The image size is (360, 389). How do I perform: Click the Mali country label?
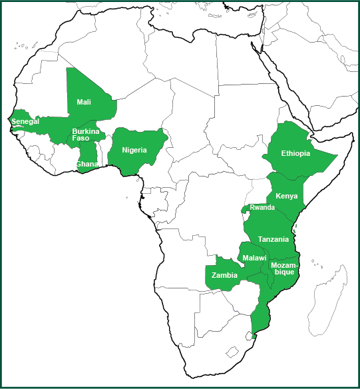[84, 102]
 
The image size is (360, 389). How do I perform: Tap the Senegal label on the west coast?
[26, 122]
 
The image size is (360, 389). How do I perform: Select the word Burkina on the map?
[86, 131]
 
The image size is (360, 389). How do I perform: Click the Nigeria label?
[134, 150]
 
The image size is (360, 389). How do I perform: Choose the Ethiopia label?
[295, 153]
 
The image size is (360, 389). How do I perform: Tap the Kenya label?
[286, 196]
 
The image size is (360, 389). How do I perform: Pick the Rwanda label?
[262, 208]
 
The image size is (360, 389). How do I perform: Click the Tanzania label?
[273, 239]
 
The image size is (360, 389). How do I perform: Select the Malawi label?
[255, 258]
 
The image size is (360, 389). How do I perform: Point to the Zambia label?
[224, 275]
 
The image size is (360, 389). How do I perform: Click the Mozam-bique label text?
[285, 268]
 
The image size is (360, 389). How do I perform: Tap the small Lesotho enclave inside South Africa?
[232, 350]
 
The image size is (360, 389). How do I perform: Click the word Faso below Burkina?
[81, 138]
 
